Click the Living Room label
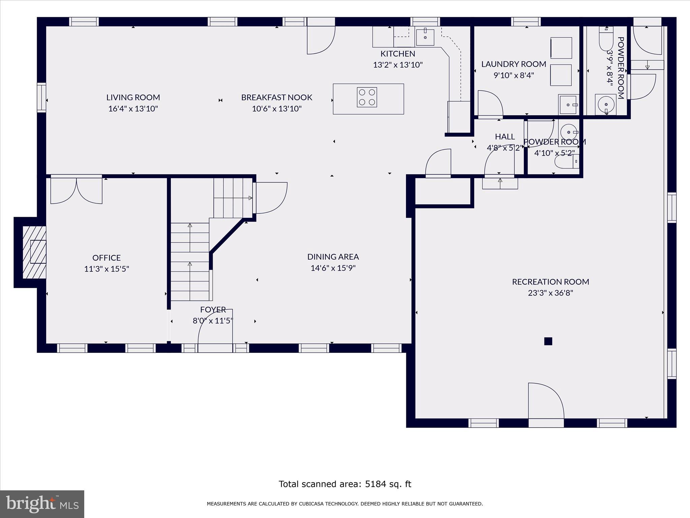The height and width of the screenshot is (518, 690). tap(133, 97)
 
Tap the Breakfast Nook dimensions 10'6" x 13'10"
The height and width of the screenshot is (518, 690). tap(277, 109)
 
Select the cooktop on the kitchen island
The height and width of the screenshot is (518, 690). tap(367, 97)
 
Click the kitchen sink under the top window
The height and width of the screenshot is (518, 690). tap(425, 37)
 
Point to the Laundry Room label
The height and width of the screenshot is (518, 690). tap(513, 64)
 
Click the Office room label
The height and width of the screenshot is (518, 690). tap(106, 258)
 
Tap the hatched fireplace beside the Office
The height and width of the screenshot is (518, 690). tap(34, 252)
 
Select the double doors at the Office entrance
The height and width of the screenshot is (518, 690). tap(76, 191)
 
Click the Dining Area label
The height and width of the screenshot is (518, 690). tap(333, 257)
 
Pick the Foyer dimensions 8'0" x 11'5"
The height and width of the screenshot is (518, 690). tap(213, 321)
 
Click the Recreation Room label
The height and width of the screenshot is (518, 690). tap(551, 282)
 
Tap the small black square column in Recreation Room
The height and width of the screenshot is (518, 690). tap(548, 341)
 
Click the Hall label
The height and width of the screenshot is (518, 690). tap(505, 137)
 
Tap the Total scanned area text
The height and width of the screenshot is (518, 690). tap(345, 484)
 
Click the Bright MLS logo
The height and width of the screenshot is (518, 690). tap(42, 504)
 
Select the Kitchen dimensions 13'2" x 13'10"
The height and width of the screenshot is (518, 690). tap(398, 65)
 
